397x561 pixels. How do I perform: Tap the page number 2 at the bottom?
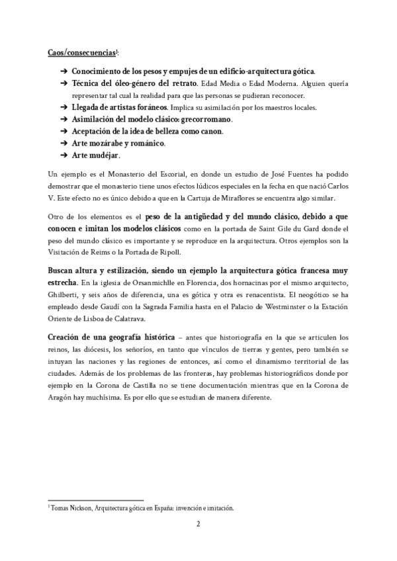coord(198,523)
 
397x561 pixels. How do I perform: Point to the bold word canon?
coord(212,131)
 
